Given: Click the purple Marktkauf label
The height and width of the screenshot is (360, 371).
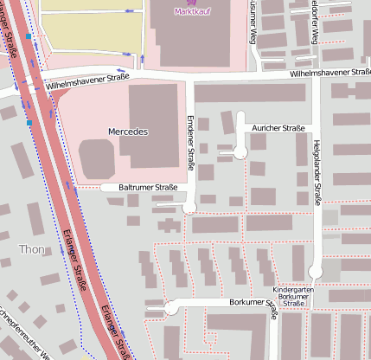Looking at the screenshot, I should tap(192, 11).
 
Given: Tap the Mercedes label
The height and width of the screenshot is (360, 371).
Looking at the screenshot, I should tap(129, 132).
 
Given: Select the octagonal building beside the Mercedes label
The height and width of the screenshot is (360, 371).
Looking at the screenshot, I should tap(96, 157).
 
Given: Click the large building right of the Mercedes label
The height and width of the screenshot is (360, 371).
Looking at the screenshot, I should tap(157, 125).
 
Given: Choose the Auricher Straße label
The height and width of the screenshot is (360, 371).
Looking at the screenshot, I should tap(278, 128).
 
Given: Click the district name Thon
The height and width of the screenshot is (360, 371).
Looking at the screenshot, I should tap(32, 249).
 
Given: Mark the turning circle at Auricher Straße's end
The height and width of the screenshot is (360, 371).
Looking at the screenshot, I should tap(240, 152).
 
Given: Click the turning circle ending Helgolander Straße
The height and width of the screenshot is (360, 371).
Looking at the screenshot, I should tap(317, 270).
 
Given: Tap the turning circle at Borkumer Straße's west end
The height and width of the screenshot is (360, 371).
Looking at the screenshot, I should tap(170, 307).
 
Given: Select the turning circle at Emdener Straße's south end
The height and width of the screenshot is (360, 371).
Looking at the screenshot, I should tap(190, 205).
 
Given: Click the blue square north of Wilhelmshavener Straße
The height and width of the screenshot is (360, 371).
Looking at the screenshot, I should tap(29, 37).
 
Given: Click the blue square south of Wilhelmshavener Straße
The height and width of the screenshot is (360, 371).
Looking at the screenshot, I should tap(29, 124).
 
